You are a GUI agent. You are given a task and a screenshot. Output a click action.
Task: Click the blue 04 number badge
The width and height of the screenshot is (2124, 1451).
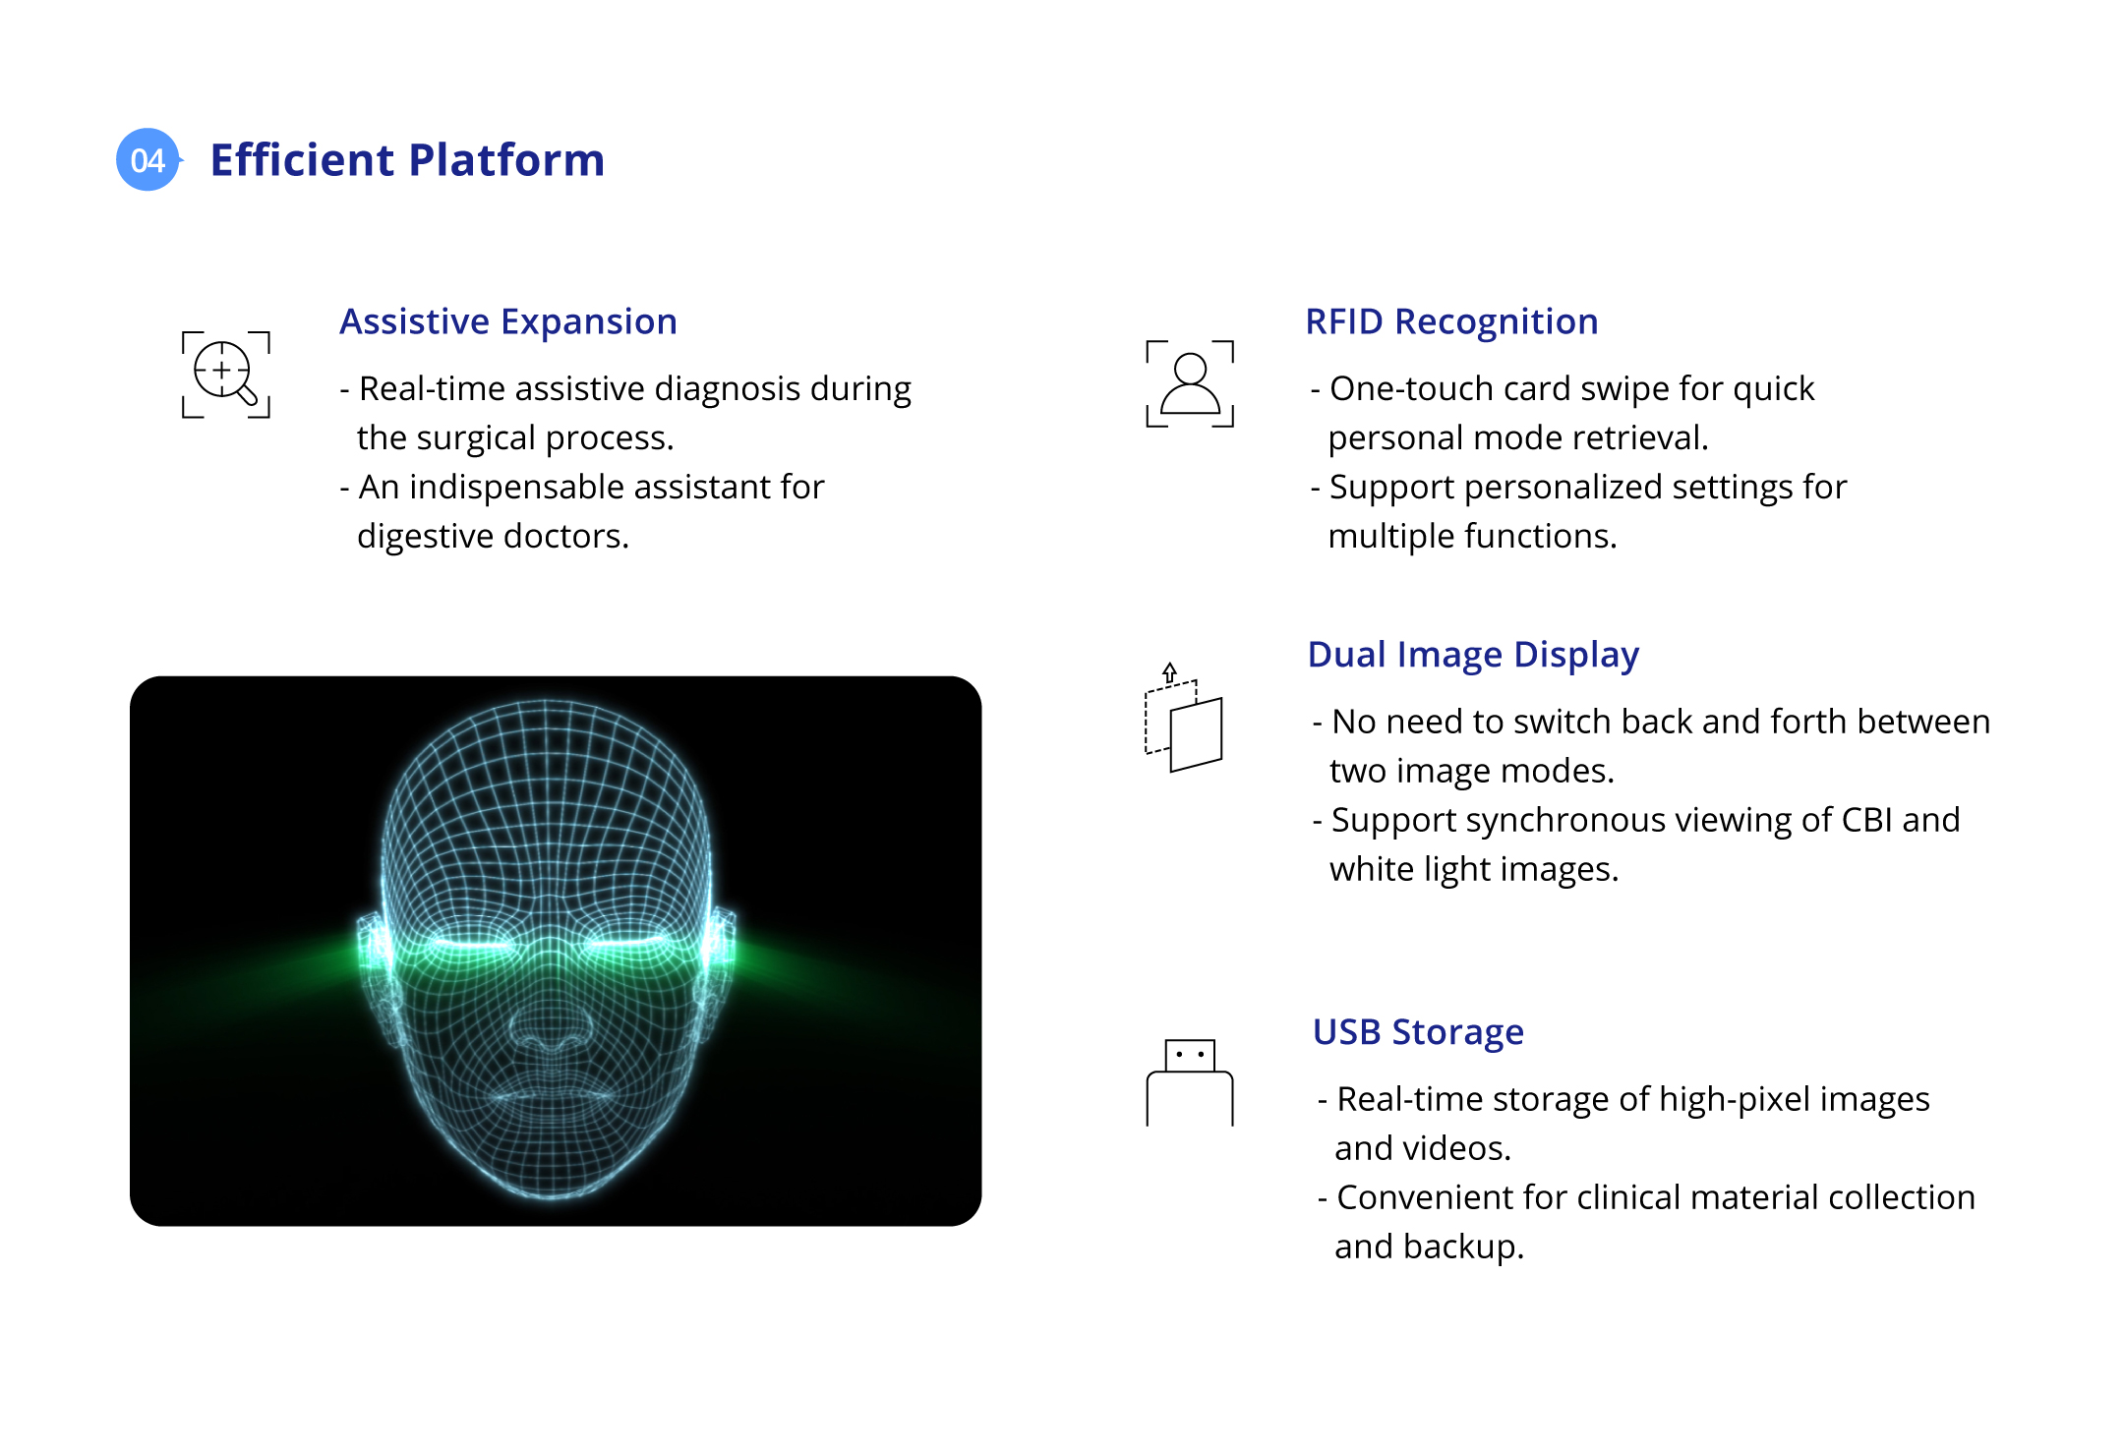click(148, 159)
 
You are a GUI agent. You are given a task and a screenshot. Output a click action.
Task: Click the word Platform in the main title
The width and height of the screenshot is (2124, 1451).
click(506, 160)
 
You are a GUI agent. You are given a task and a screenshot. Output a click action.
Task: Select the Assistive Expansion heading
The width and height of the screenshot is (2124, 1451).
click(508, 322)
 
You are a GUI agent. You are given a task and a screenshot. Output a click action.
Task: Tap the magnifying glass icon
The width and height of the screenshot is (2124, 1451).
click(226, 375)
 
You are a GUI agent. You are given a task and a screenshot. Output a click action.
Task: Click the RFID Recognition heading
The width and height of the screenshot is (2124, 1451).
click(1451, 321)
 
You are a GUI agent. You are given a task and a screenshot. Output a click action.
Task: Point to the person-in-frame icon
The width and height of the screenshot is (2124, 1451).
click(1190, 383)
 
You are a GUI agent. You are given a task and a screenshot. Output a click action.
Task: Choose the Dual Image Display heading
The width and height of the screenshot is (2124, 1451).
click(1473, 656)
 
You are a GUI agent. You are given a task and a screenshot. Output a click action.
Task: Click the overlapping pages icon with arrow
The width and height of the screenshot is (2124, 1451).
click(1184, 718)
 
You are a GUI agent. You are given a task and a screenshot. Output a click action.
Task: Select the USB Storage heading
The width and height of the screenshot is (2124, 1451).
click(1418, 1032)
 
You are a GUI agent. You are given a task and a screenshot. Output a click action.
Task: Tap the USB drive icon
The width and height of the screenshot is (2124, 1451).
click(1190, 1082)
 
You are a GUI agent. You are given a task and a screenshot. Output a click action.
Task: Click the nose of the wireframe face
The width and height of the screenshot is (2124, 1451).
click(551, 1022)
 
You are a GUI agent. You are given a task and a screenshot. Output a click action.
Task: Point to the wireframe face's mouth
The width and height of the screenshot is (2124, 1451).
click(552, 1090)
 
